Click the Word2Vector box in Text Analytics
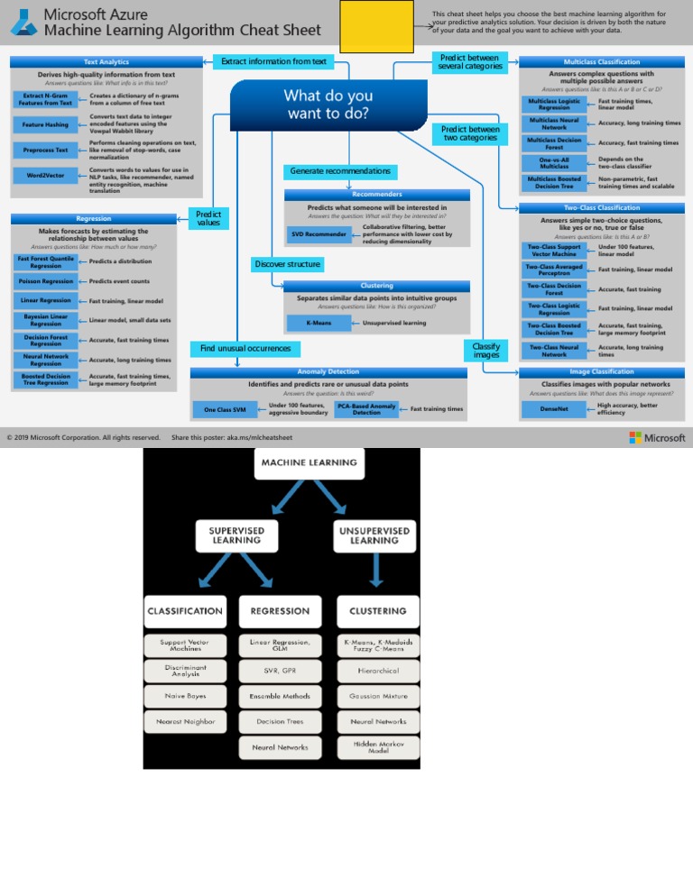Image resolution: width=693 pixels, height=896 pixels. point(45,175)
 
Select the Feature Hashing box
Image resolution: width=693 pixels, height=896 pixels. point(45,123)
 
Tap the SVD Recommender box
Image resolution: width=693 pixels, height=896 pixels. point(319,234)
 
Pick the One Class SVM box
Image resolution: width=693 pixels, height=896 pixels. point(225,409)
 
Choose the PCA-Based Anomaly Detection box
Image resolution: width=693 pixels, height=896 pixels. point(366,409)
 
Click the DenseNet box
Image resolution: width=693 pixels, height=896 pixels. point(554,409)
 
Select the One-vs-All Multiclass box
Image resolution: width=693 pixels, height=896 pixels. point(554,163)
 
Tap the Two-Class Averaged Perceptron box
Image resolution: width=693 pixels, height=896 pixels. point(553,270)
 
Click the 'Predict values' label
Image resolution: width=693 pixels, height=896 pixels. point(208,218)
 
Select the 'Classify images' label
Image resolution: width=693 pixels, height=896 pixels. point(486,350)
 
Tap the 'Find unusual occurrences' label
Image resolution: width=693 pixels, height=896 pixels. point(245,348)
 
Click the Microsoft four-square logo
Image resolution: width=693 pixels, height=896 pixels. point(636,437)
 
